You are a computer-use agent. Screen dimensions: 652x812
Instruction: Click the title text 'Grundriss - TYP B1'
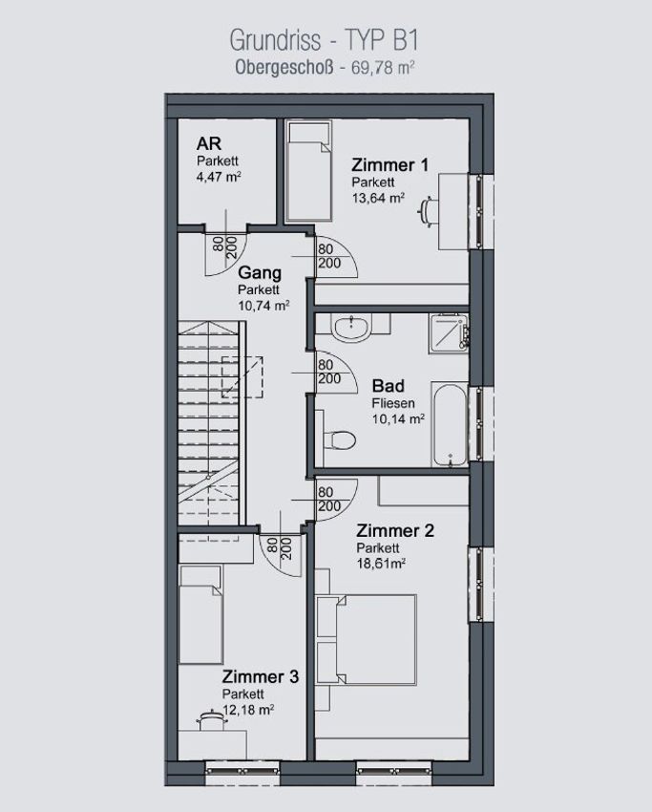[324, 40]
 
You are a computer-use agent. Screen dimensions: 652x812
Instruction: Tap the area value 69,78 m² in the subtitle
[384, 68]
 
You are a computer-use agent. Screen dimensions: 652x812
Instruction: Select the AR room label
[209, 143]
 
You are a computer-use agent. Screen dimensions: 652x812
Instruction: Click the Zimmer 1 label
[390, 164]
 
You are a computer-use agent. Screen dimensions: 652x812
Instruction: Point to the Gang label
[260, 273]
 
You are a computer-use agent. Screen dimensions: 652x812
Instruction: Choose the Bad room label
[389, 386]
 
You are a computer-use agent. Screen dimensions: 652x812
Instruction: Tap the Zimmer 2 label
[395, 531]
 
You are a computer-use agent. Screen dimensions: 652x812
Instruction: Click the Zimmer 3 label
[261, 677]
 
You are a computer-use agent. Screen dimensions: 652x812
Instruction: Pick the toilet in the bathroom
[340, 440]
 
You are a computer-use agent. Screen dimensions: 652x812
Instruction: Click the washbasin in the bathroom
[352, 329]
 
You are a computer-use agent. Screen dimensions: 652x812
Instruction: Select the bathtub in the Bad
[451, 425]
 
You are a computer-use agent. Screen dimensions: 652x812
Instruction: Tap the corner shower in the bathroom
[449, 333]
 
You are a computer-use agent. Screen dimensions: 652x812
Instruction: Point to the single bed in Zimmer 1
[309, 172]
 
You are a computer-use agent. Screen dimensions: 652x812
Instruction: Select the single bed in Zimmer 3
[201, 614]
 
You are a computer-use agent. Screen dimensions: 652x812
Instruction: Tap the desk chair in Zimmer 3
[211, 720]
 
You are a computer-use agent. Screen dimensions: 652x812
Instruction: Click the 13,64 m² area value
[378, 198]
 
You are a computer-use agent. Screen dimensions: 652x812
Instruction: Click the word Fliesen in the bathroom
[393, 403]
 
